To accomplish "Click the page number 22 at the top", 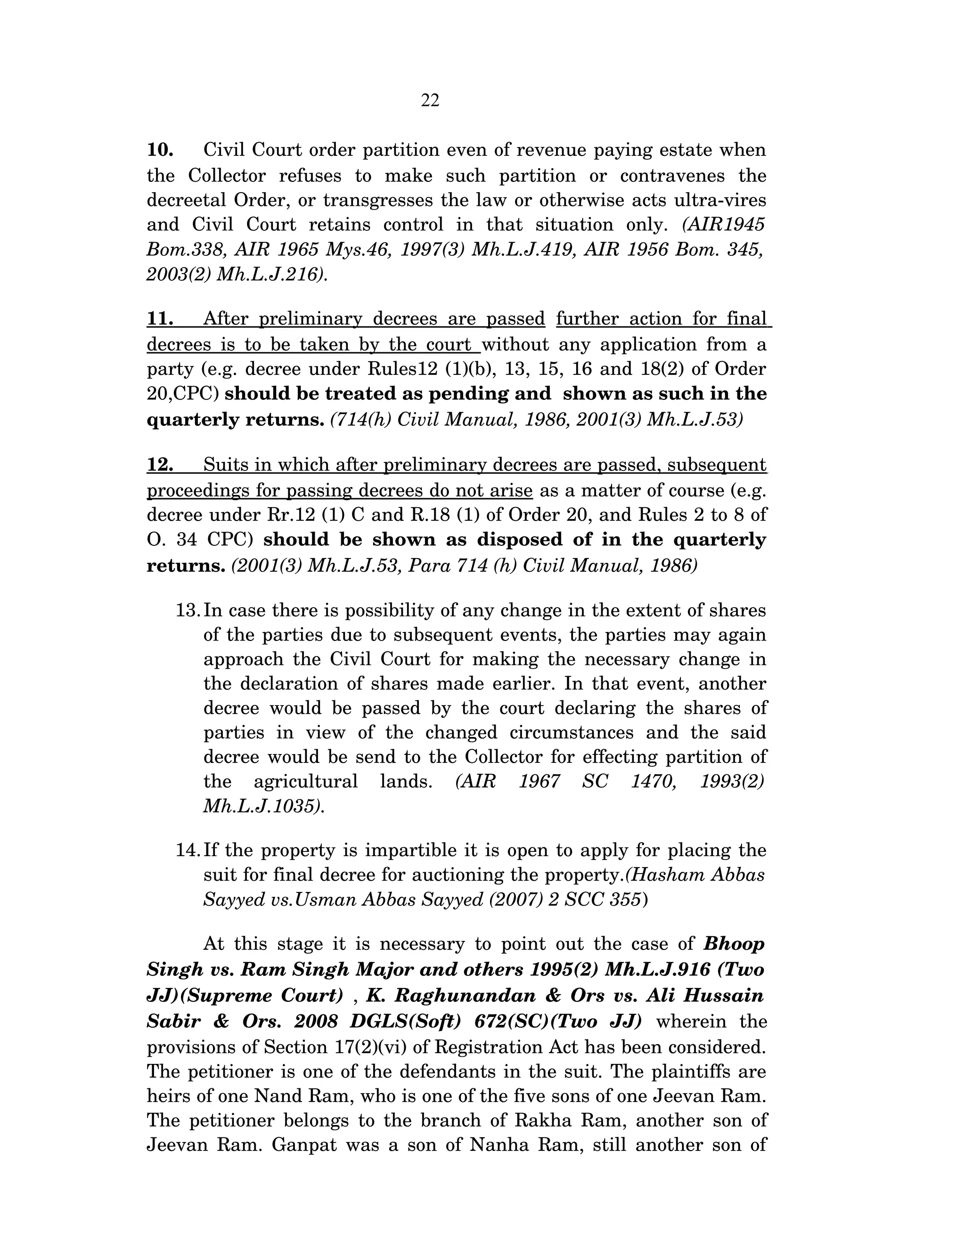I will [x=430, y=101].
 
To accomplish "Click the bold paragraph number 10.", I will [x=160, y=150].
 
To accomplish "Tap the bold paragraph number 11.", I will [x=160, y=318].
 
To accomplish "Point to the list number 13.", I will [x=188, y=610].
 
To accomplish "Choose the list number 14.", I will [x=188, y=850].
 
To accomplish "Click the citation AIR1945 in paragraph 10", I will [x=724, y=225].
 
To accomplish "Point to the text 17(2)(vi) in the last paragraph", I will [x=383, y=1047].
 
